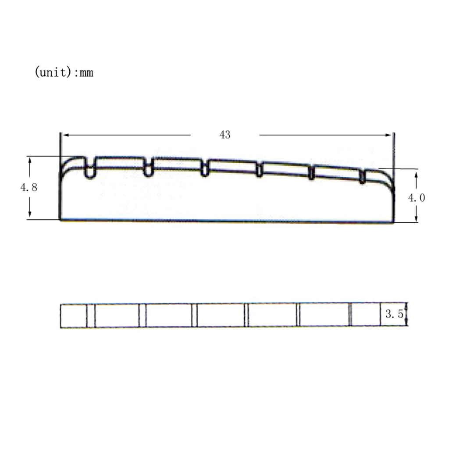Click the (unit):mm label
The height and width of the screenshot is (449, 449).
coord(64,72)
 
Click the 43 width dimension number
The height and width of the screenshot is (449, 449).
coord(225,135)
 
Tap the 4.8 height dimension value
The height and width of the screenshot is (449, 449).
coord(29,187)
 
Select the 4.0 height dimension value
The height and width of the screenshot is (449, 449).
coord(417,198)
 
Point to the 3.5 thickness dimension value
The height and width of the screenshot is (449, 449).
coord(394,314)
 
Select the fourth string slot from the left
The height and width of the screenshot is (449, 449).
coord(259,170)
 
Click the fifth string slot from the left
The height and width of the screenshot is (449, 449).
coord(311,173)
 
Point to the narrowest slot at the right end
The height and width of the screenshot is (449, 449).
coord(362,176)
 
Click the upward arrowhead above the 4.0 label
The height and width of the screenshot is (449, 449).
coord(416,174)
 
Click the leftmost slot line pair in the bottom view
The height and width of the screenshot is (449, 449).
coord(90,315)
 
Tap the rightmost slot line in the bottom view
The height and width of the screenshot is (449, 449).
coord(350,315)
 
